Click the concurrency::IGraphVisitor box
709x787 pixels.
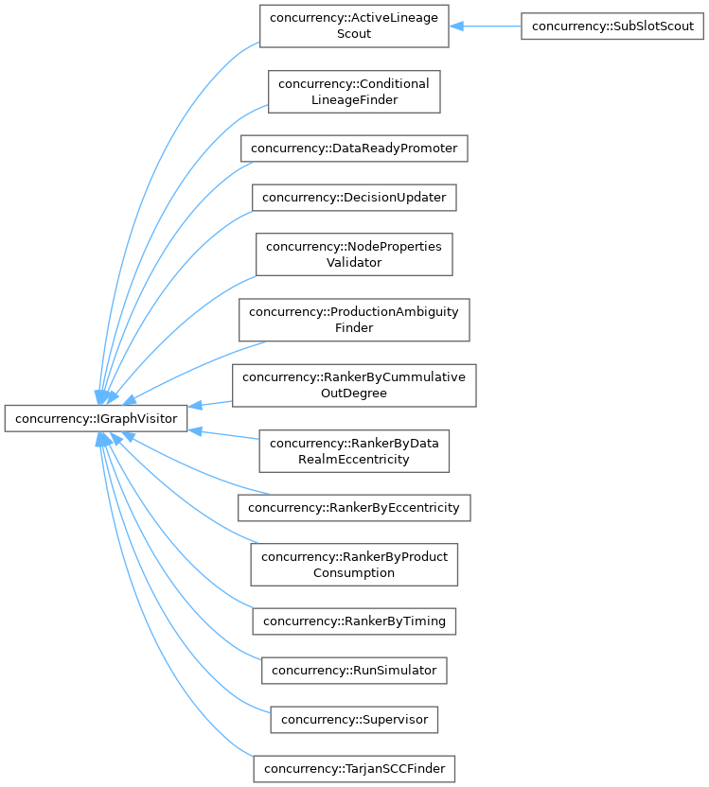[x=97, y=417]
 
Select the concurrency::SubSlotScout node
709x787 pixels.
[x=612, y=26]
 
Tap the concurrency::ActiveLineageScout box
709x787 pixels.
[x=353, y=26]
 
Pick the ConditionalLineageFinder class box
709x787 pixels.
[x=353, y=92]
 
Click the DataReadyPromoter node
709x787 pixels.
[x=353, y=149]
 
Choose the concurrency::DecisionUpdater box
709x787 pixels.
[x=354, y=197]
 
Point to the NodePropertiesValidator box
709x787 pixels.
[x=353, y=254]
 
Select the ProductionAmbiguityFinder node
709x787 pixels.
[x=353, y=319]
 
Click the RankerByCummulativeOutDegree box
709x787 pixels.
[x=353, y=384]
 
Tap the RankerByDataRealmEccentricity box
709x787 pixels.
[x=353, y=450]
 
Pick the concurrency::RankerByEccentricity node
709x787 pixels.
[x=353, y=507]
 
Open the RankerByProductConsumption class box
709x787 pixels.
[x=354, y=564]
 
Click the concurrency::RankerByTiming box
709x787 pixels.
[x=354, y=621]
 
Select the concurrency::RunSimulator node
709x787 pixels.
[x=353, y=670]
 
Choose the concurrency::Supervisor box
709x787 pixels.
[x=353, y=719]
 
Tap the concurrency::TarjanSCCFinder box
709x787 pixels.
[x=354, y=768]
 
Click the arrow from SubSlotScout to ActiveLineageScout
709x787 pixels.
[x=487, y=26]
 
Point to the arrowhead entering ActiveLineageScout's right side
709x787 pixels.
[x=455, y=26]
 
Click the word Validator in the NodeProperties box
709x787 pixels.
[x=353, y=262]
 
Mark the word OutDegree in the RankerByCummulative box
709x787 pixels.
[x=353, y=393]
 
